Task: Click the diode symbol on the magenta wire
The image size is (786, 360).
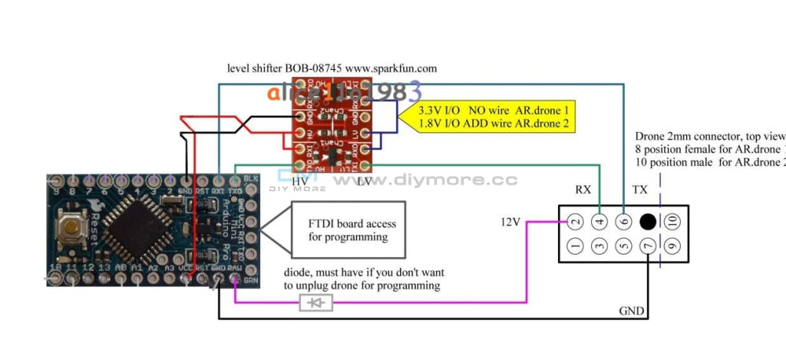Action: [x=316, y=302]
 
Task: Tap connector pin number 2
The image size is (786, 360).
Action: [x=575, y=222]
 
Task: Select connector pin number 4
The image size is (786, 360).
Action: [x=600, y=222]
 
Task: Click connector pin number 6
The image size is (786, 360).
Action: [x=624, y=222]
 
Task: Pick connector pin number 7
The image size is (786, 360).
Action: [x=648, y=247]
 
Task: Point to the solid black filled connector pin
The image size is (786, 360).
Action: [x=648, y=222]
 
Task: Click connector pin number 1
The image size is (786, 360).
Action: [x=575, y=247]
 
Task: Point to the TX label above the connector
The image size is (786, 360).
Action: [x=641, y=189]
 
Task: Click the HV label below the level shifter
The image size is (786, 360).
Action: [x=299, y=182]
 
